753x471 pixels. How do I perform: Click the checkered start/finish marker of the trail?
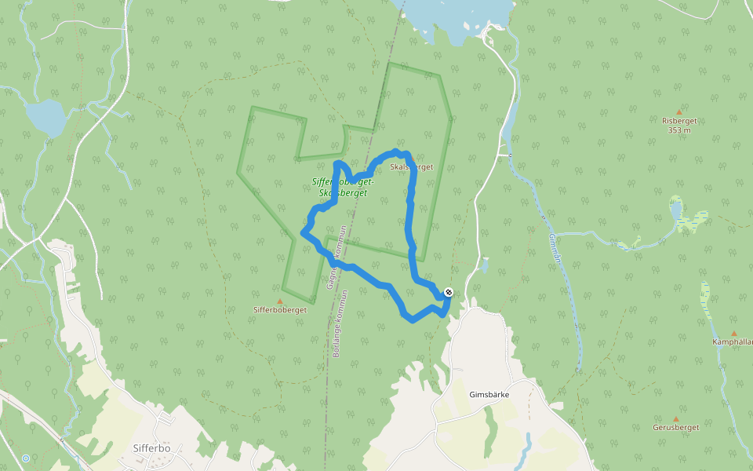point(448,292)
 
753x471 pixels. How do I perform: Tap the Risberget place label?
point(679,121)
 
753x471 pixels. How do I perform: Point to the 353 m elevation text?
point(679,130)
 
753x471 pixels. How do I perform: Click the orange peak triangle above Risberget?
point(679,111)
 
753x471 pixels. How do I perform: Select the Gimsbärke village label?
point(489,394)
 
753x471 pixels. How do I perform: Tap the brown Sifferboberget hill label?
point(280,310)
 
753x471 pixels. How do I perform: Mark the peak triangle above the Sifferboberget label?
point(280,301)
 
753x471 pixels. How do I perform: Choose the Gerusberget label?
point(675,428)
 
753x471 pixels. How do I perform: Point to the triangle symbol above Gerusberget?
point(675,418)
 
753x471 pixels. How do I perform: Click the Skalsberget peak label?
point(412,167)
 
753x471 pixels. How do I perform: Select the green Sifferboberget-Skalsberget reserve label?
point(343,187)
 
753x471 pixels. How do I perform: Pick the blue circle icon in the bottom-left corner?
point(26,458)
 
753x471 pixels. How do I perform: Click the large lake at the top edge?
point(451,16)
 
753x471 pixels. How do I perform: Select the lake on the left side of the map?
point(45,118)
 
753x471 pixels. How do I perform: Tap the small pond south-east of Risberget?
point(676,210)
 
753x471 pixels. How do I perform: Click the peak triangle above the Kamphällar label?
point(734,333)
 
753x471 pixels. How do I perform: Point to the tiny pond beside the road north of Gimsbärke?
point(486,265)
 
